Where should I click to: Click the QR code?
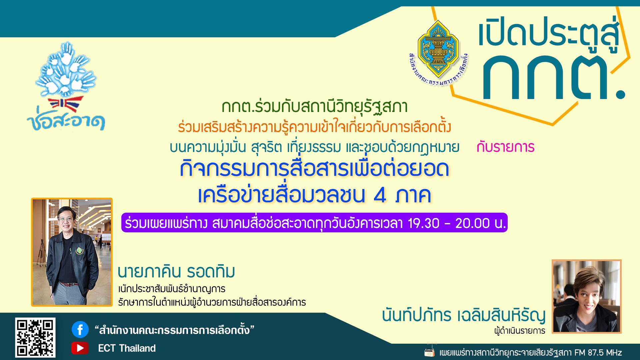click(35, 337)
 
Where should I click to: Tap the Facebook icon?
click(80, 330)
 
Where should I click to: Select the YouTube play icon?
click(80, 348)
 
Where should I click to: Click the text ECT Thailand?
click(127, 348)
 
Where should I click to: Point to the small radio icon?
click(430, 352)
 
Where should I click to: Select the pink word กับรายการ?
click(505, 147)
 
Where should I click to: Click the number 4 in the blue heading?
click(380, 195)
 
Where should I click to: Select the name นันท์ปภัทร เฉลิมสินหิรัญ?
click(464, 315)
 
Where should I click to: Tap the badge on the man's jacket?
click(79, 250)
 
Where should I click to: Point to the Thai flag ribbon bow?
click(65, 104)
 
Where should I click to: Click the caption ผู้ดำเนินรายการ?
click(520, 331)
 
